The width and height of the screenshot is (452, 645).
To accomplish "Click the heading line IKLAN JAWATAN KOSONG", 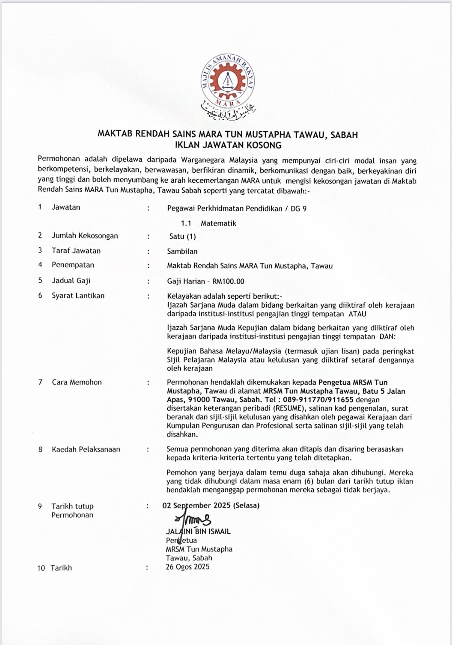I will pos(228,145).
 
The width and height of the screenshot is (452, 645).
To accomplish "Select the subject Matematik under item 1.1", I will pos(218,223).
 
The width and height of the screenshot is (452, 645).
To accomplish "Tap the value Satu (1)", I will pos(182,237).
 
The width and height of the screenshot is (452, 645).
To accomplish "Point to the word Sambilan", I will pos(182,252).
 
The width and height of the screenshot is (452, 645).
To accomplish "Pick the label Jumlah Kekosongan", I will pos(85,236).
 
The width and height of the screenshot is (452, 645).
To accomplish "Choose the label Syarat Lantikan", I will pos(78,296).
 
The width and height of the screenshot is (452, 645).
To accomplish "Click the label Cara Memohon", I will pos(77,382).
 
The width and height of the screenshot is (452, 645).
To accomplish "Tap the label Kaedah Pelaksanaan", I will pos(86,449).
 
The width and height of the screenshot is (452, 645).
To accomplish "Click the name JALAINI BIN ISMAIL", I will pos(198,532).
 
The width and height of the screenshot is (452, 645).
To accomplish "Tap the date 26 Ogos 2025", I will pos(187,567).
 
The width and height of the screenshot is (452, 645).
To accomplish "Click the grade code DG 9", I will pos(299,209).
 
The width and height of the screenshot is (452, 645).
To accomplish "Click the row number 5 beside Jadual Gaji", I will pos(40,280).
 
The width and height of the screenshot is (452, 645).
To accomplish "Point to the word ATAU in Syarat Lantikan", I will pos(357,314).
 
